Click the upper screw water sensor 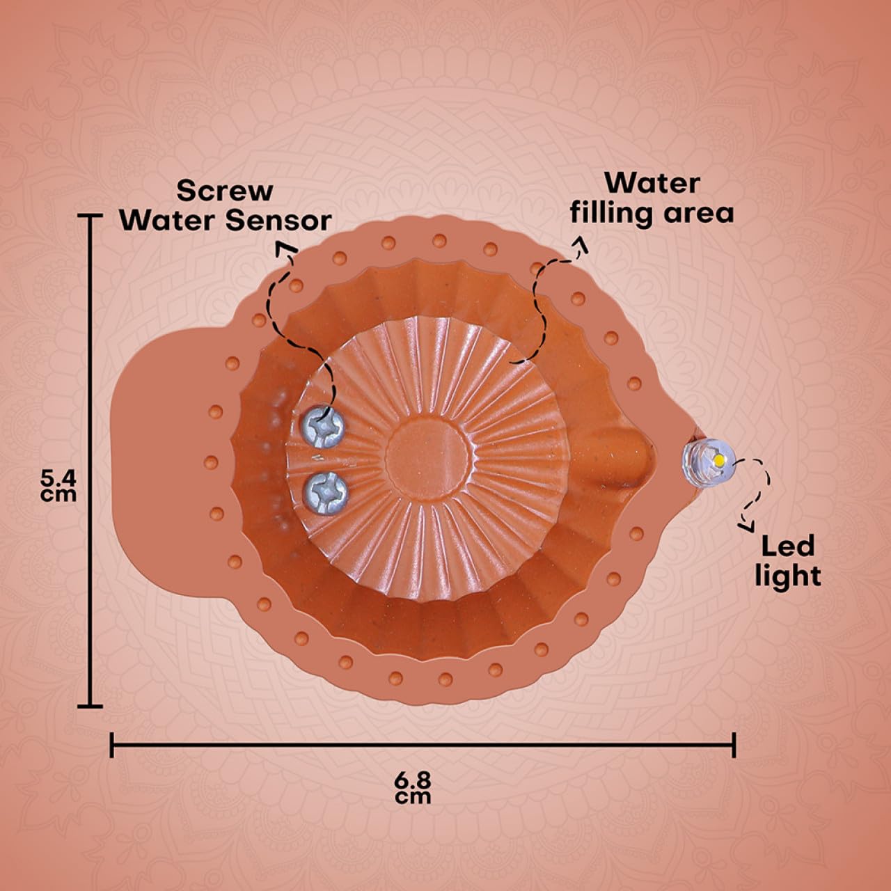click(x=323, y=425)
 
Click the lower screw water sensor click(x=326, y=494)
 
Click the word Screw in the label click(x=225, y=191)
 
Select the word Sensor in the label click(x=278, y=221)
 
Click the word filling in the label click(x=619, y=213)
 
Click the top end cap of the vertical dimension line click(x=90, y=216)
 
